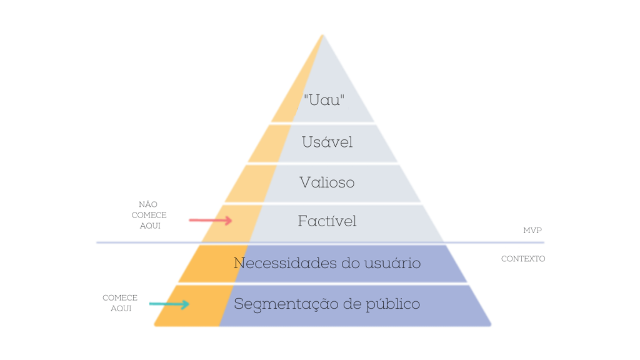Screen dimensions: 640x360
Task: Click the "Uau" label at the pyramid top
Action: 324,100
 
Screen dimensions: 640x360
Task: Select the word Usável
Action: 327,142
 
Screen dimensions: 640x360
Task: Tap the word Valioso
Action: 327,182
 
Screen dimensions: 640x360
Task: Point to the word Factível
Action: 327,221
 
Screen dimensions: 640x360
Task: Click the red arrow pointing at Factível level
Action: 211,221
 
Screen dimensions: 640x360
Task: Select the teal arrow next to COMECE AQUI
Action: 169,304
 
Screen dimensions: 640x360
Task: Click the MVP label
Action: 532,231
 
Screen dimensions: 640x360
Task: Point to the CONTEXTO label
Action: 523,259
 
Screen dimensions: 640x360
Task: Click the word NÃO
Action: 148,204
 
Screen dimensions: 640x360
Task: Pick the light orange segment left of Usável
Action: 269,144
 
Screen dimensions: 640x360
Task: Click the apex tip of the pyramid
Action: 323,36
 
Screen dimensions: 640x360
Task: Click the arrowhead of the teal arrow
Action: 186,304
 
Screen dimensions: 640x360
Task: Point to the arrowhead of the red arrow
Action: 229,221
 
